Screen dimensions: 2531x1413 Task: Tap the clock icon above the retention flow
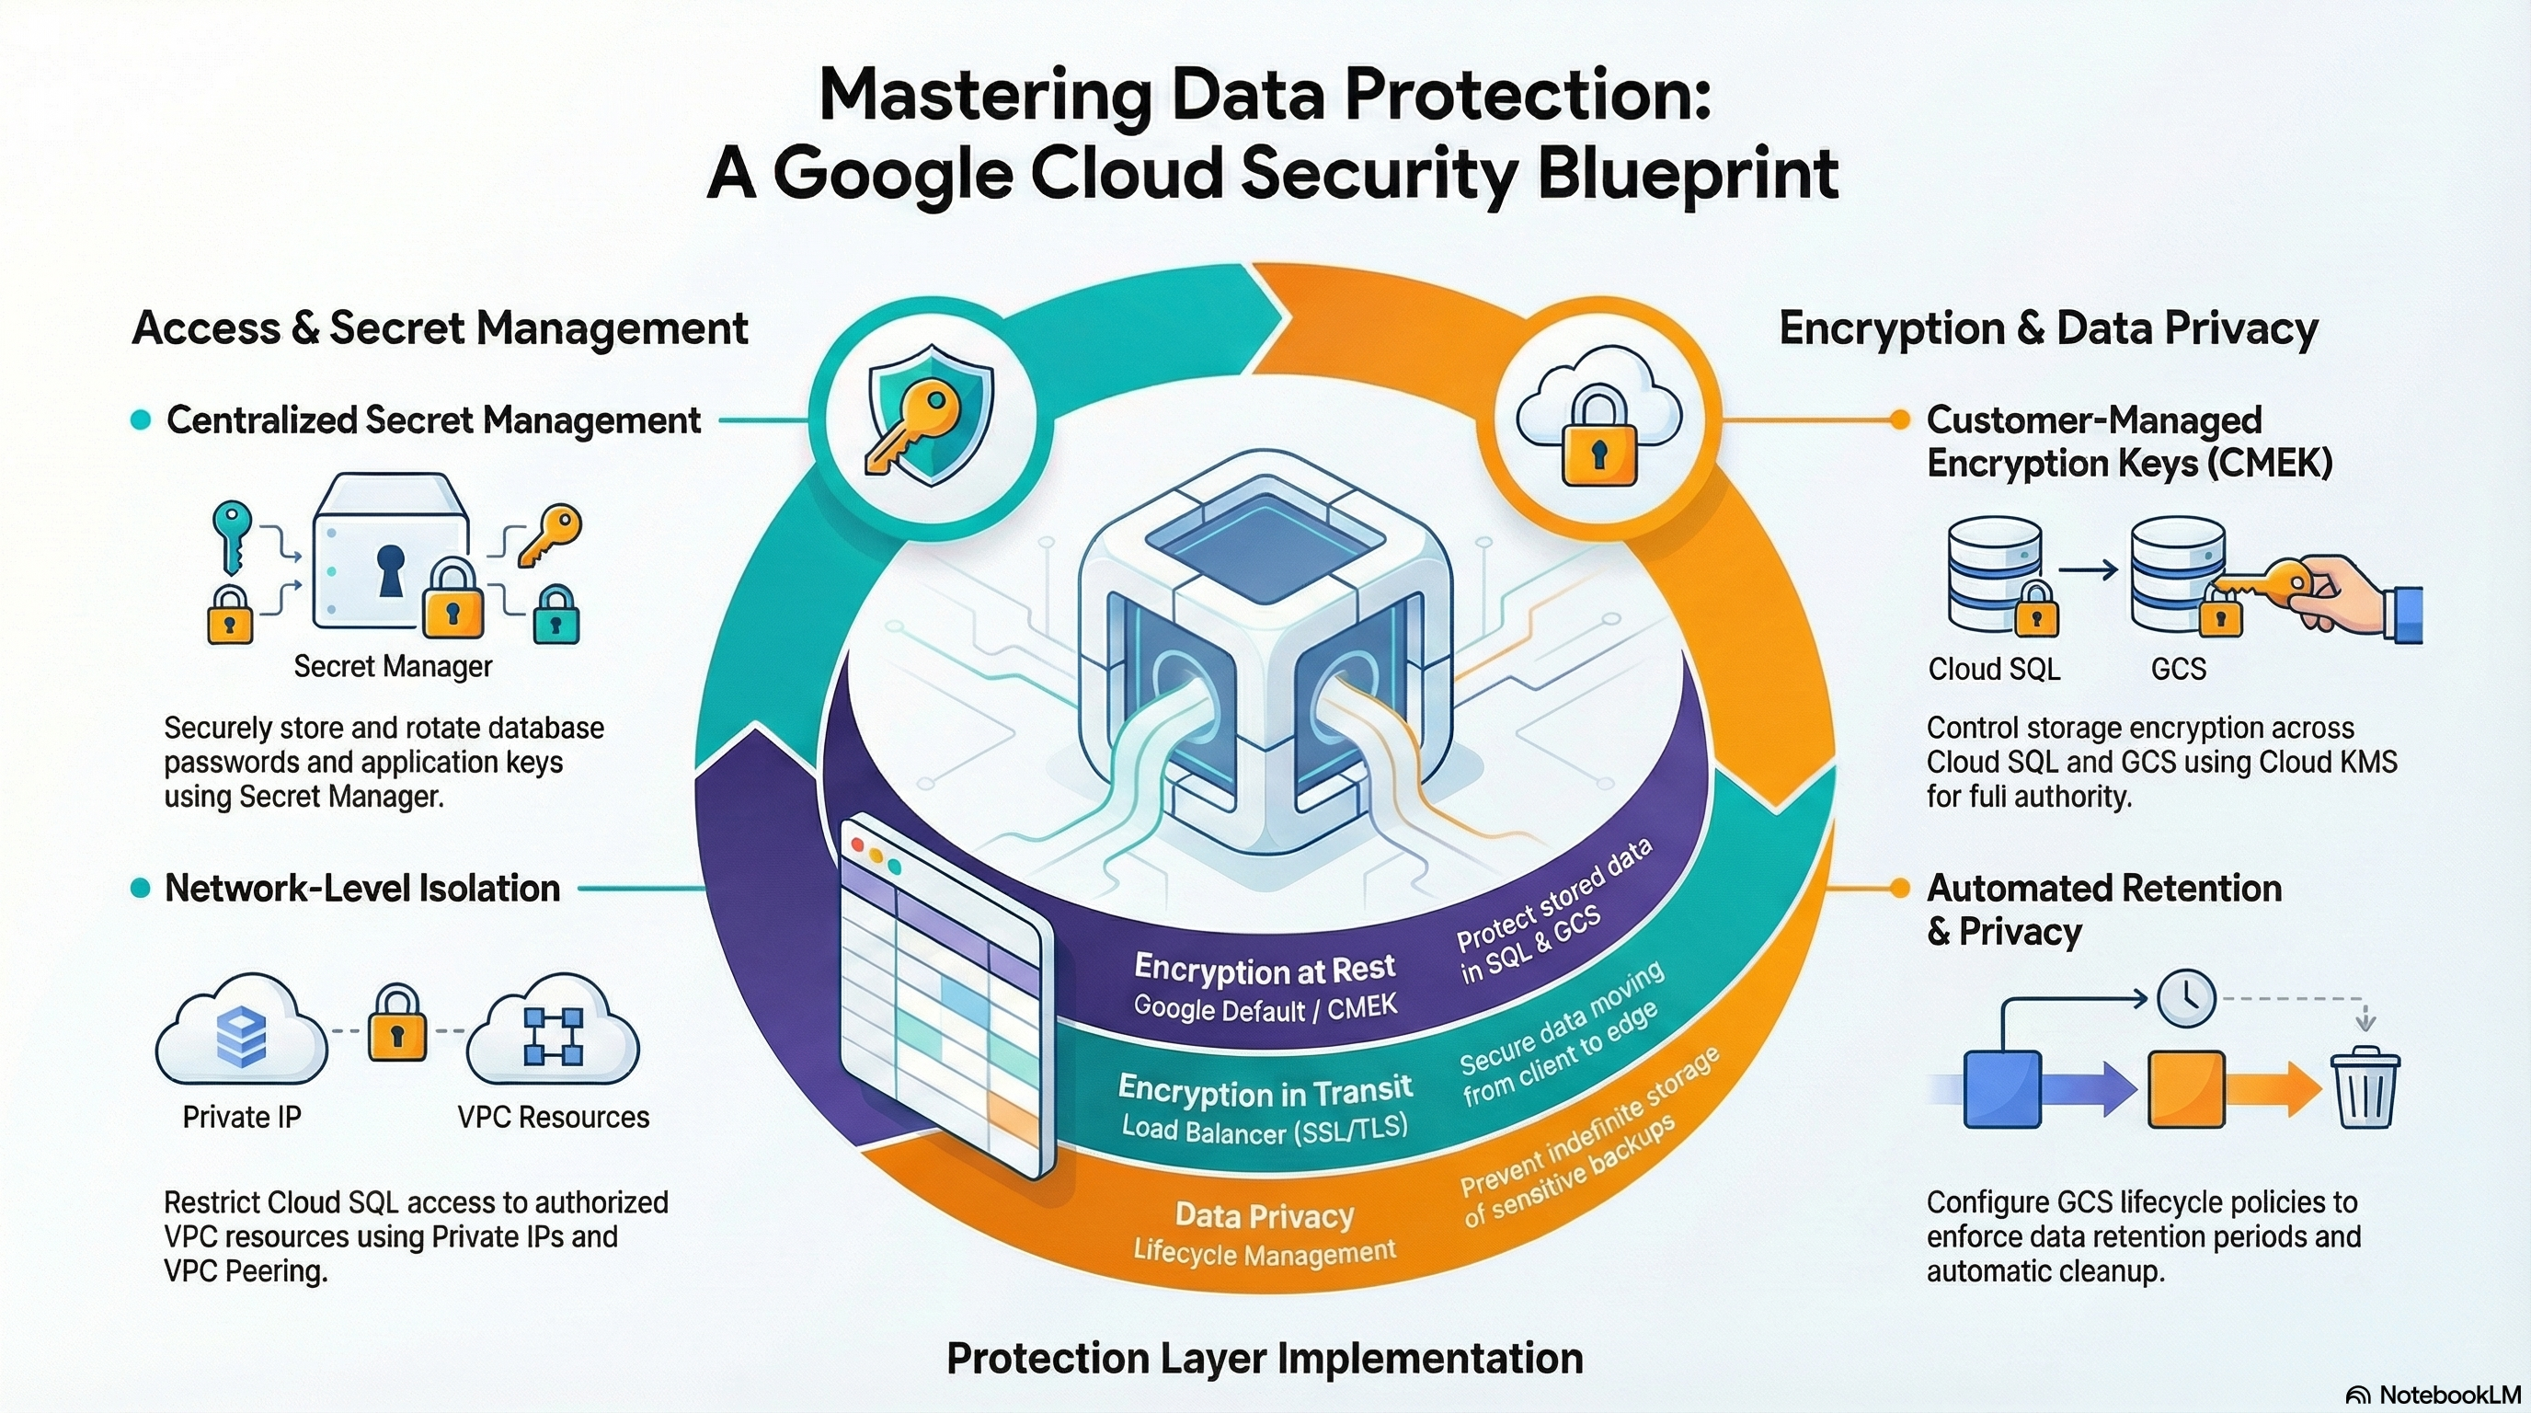[2186, 999]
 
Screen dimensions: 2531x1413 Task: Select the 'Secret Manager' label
[393, 666]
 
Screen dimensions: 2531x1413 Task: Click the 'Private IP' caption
[242, 1116]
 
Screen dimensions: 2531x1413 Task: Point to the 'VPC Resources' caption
[553, 1116]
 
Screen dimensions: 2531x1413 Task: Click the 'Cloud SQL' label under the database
[1994, 668]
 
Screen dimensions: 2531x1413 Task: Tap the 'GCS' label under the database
[2178, 668]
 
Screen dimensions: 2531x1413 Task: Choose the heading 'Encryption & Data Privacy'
[2048, 328]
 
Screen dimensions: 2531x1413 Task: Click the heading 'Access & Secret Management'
[441, 328]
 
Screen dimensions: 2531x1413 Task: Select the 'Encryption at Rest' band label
[1265, 969]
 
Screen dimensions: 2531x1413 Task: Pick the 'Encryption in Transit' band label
[1265, 1090]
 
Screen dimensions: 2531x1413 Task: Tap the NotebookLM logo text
[2434, 1395]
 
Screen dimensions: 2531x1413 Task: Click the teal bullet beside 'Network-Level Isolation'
[141, 889]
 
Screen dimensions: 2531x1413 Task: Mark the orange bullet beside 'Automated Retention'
[1900, 889]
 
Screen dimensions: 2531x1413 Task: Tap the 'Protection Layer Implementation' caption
[1265, 1359]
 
